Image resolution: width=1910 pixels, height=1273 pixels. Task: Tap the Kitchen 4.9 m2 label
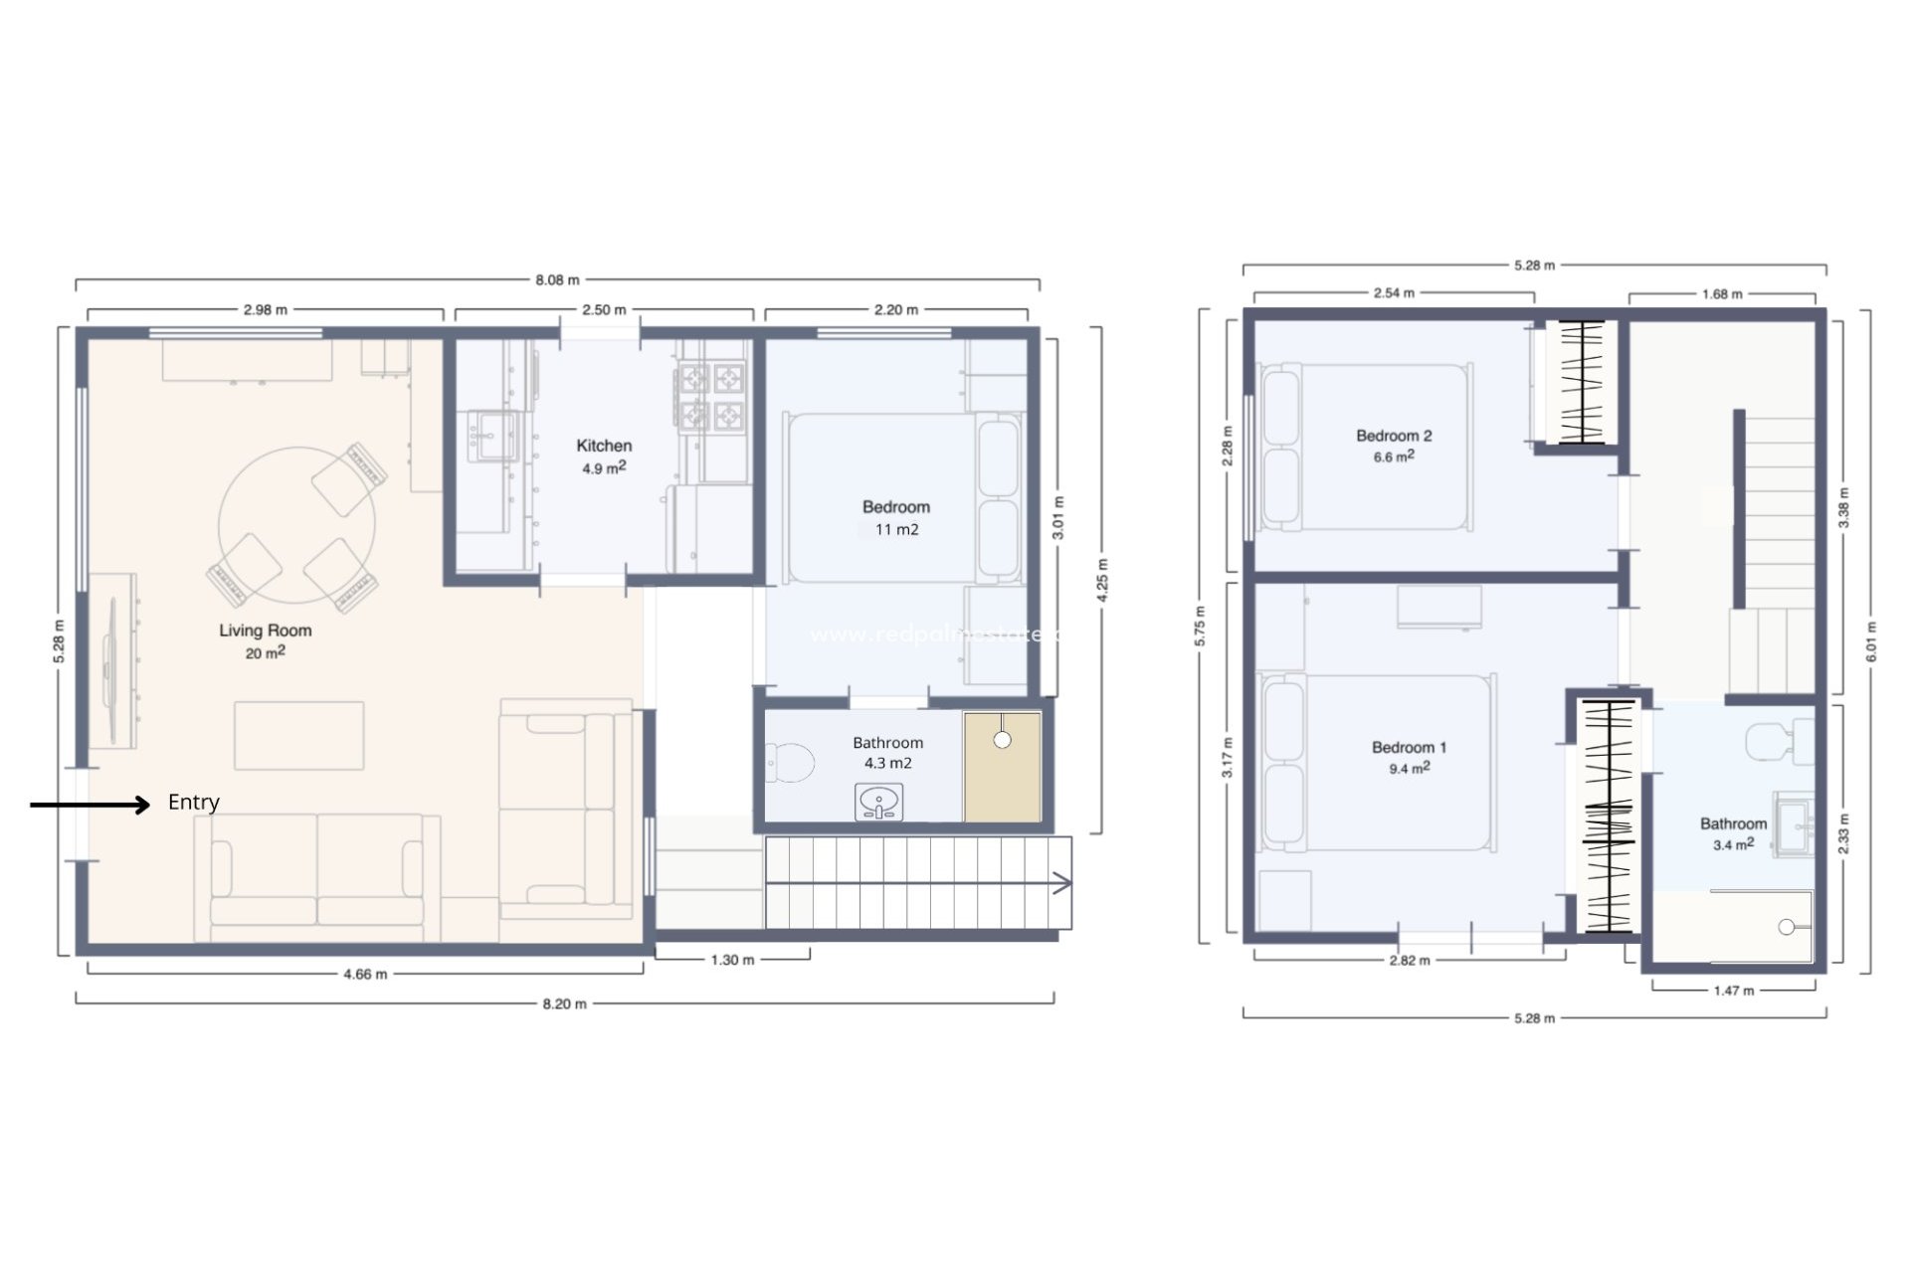[604, 456]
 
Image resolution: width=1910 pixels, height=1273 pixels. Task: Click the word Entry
[193, 803]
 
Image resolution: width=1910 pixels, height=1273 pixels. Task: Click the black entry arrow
[90, 805]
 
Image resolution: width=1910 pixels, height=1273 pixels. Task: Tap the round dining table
[296, 525]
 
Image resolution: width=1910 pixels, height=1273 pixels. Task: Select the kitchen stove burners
[711, 397]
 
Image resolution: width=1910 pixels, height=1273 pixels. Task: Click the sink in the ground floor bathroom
[878, 802]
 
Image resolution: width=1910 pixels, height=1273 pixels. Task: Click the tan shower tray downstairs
[1002, 767]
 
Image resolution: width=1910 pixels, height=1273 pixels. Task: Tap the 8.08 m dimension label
[557, 280]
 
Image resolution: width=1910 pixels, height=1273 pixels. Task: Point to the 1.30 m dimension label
[732, 960]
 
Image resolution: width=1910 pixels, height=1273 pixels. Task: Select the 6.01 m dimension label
[1870, 641]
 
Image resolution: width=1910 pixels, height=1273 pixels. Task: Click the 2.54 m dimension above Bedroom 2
[1393, 293]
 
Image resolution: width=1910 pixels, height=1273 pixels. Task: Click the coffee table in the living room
[298, 736]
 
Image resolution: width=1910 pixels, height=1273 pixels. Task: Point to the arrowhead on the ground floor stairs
[1062, 883]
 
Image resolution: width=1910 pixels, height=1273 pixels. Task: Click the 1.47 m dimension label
[1733, 991]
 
